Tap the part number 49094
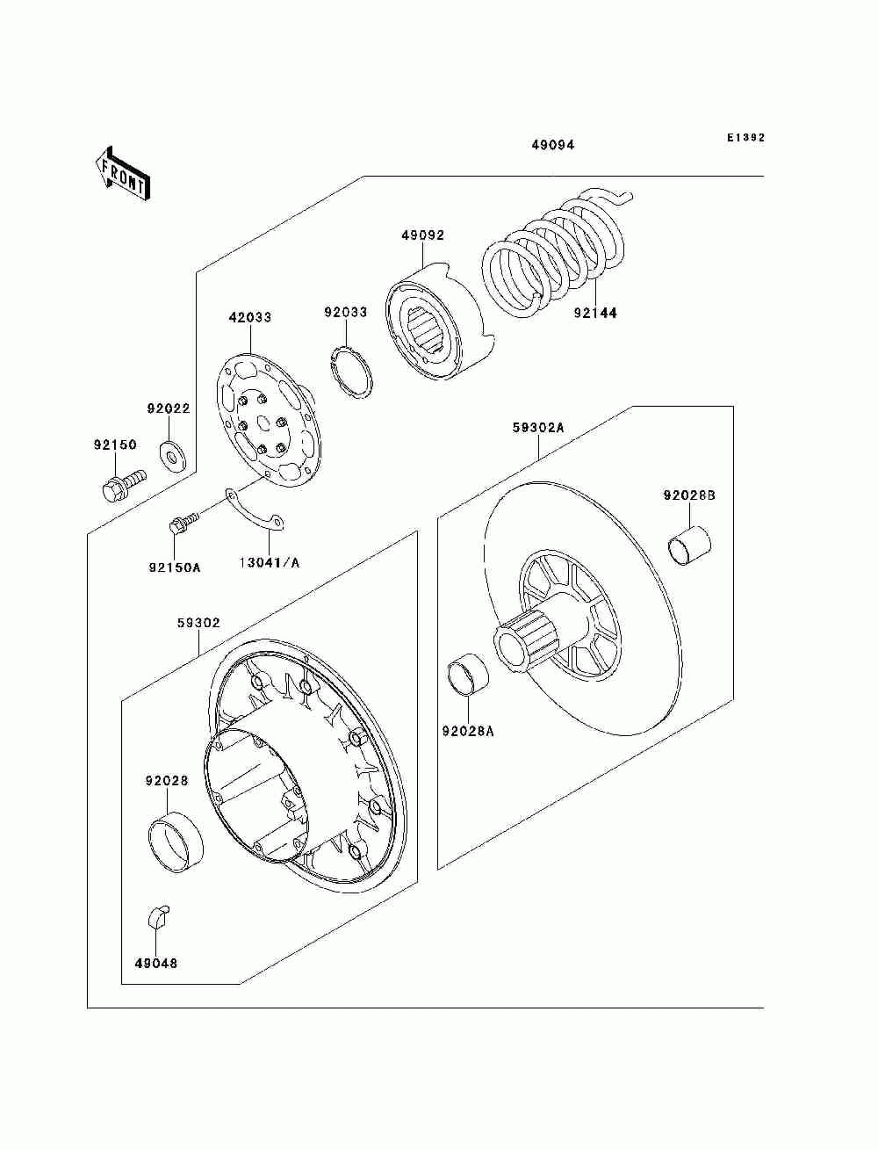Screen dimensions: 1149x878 pyautogui.click(x=552, y=145)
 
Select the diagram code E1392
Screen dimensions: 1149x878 pyautogui.click(x=745, y=138)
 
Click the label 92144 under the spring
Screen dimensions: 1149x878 pyautogui.click(x=595, y=312)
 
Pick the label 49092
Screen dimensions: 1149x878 pyautogui.click(x=423, y=235)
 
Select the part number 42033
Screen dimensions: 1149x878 pyautogui.click(x=250, y=317)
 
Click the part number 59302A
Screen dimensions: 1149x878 pyautogui.click(x=538, y=429)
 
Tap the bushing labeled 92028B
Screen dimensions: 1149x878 pyautogui.click(x=689, y=544)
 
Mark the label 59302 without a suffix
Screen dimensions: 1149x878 pyautogui.click(x=198, y=623)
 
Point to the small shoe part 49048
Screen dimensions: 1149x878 pyautogui.click(x=156, y=917)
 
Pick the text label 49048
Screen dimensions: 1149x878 pyautogui.click(x=156, y=963)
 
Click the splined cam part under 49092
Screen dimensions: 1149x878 pyautogui.click(x=435, y=325)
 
